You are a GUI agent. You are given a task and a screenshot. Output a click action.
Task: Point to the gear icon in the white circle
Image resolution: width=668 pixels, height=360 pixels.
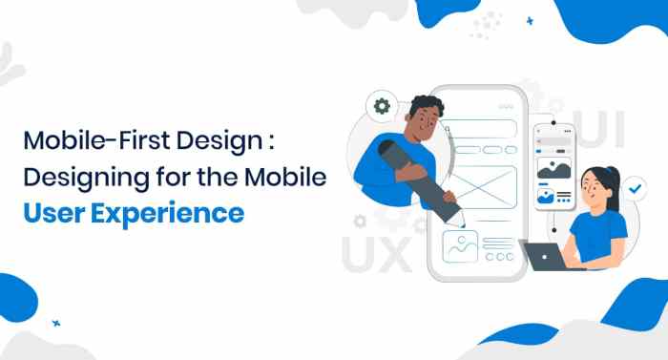pos(383,105)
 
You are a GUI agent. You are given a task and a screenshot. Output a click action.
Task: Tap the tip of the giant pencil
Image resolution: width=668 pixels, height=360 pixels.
pos(462,223)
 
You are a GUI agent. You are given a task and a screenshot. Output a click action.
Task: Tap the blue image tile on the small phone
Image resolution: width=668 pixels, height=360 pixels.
pos(547,199)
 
